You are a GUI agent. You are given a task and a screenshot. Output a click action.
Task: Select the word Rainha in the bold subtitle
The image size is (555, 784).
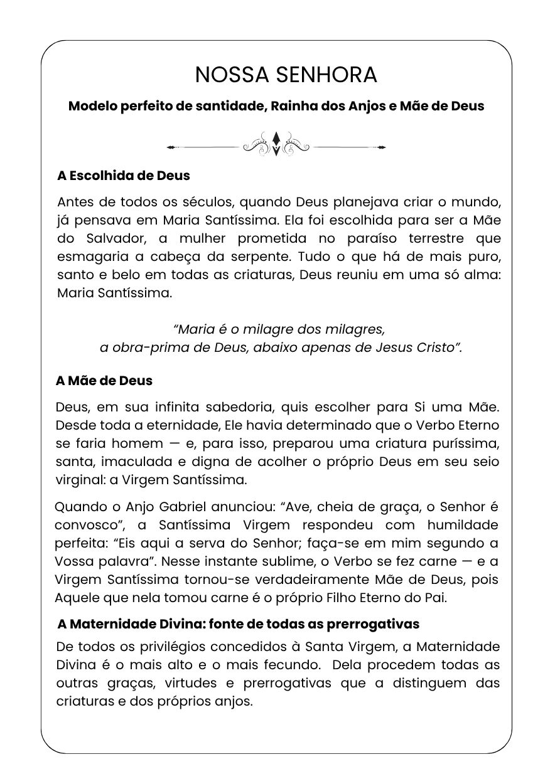coord(292,105)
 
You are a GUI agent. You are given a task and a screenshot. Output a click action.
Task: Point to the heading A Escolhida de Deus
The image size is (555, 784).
coord(123,175)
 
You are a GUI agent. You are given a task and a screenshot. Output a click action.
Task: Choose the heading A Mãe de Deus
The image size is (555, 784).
coord(104,381)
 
